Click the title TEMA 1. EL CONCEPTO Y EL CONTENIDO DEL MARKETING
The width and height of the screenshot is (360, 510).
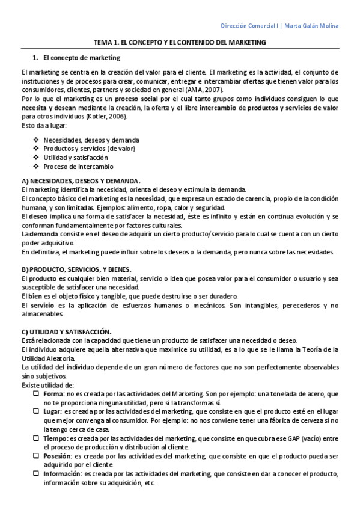(180, 43)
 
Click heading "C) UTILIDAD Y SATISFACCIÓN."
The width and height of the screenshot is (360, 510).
(66, 331)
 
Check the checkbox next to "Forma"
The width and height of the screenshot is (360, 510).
(36, 393)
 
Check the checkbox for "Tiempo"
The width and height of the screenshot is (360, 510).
(36, 438)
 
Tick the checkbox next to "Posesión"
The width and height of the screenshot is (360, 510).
(36, 456)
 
